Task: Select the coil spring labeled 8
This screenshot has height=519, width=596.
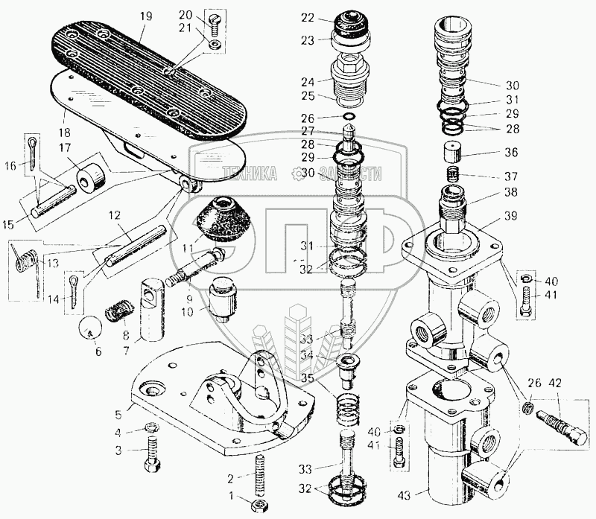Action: pos(122,311)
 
